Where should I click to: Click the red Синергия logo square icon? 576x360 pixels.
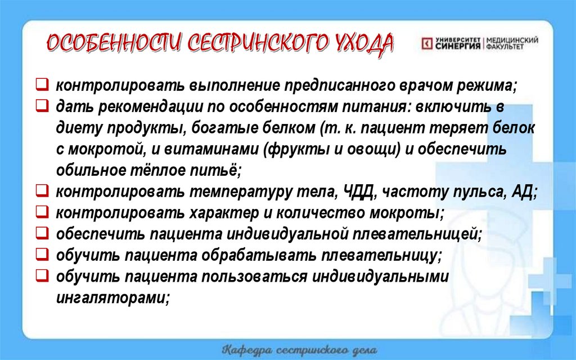pyautogui.click(x=426, y=43)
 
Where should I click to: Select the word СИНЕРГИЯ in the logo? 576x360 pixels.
pyautogui.click(x=458, y=47)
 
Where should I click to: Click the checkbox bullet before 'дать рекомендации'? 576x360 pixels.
pyautogui.click(x=41, y=105)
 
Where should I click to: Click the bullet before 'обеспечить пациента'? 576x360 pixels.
pyautogui.click(x=41, y=233)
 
